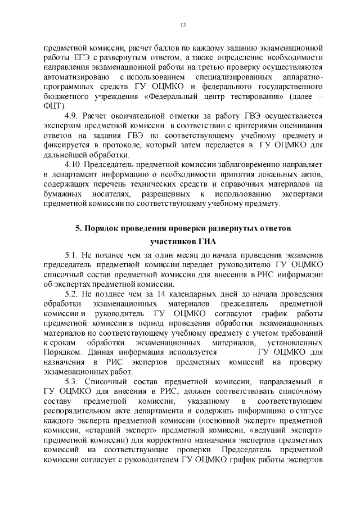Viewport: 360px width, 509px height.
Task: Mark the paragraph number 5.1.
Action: click(x=71, y=256)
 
